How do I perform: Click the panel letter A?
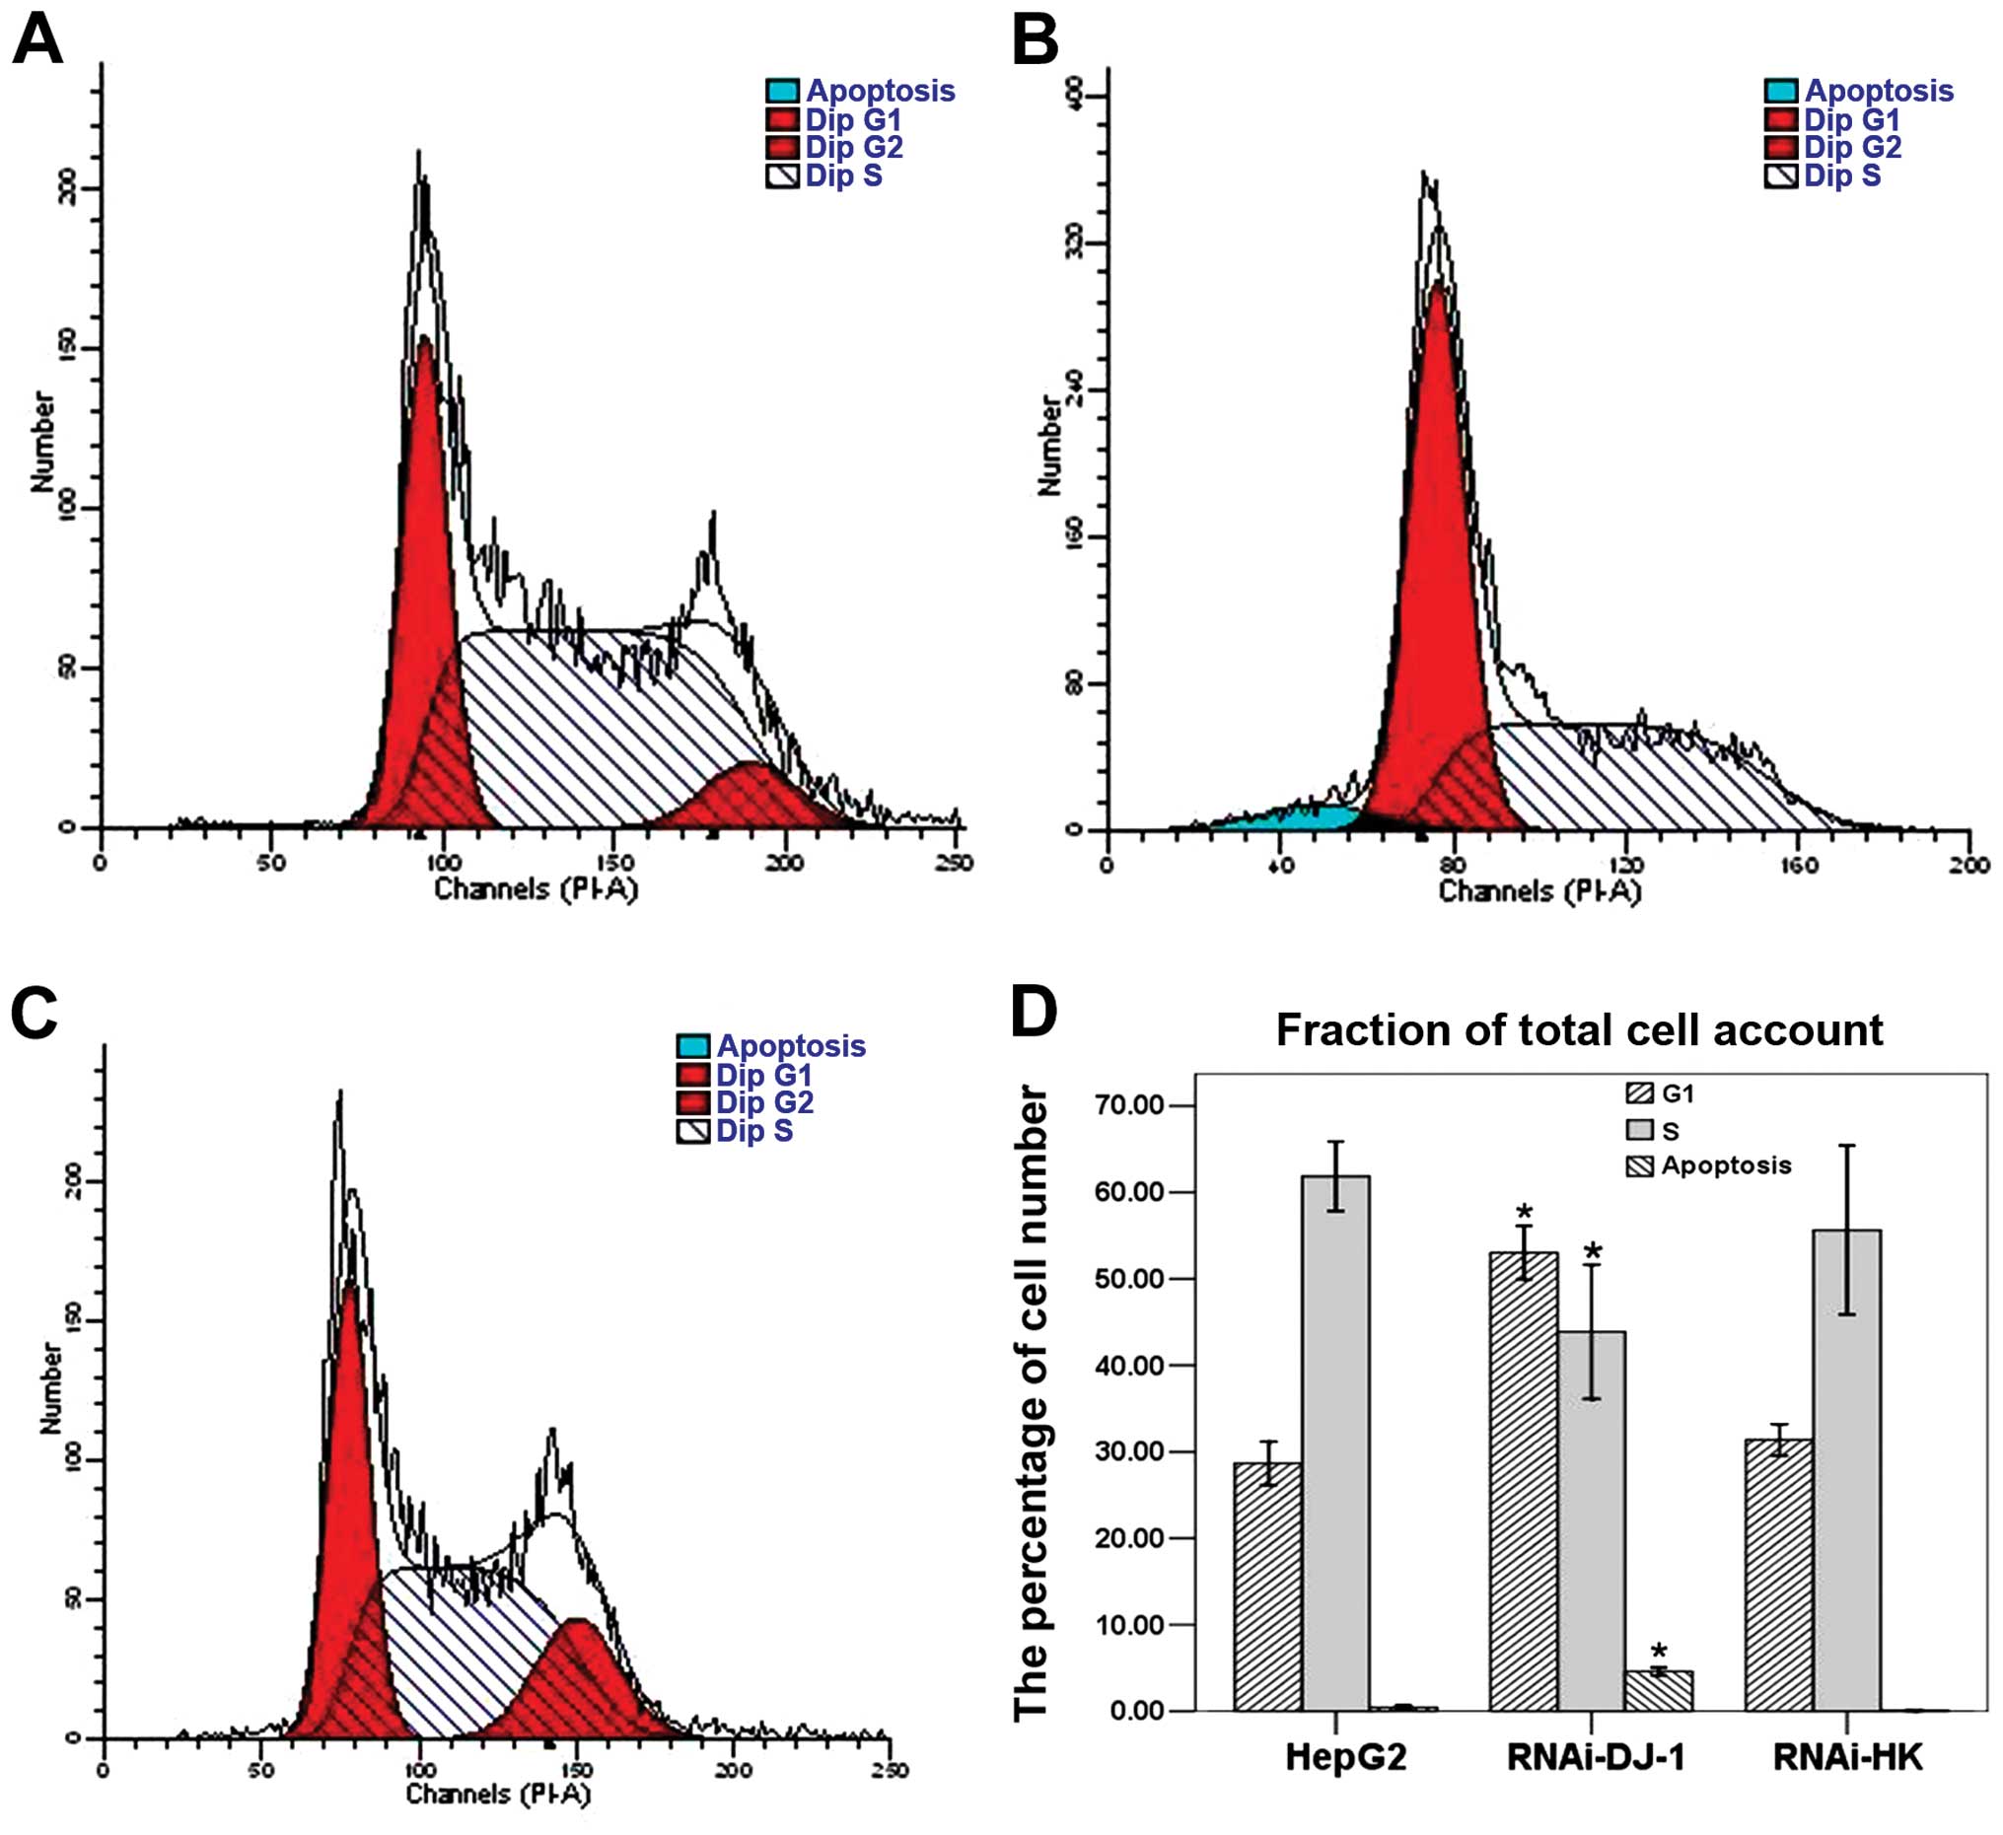(37, 41)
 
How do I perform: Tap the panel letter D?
(1034, 1012)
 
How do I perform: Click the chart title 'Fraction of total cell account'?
(1579, 1030)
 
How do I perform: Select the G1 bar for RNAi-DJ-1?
(1523, 1480)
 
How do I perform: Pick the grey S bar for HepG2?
(1335, 1441)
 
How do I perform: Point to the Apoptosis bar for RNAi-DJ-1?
(1658, 1690)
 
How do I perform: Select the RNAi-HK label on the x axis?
(1847, 1757)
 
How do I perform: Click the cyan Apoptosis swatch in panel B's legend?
(1780, 92)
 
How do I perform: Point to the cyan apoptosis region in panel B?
(1282, 817)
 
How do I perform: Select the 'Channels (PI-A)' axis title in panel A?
(536, 888)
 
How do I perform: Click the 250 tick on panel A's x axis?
(954, 863)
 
